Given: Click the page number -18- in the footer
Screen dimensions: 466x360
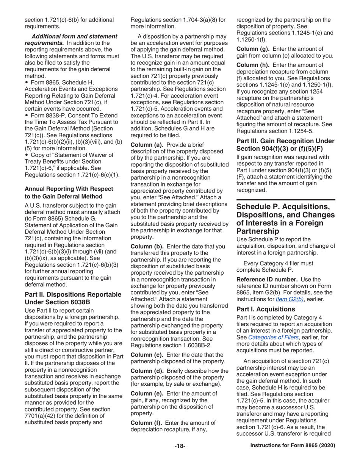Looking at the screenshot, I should pos(180,446).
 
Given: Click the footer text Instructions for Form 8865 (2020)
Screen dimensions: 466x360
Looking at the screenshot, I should pos(293,446).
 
